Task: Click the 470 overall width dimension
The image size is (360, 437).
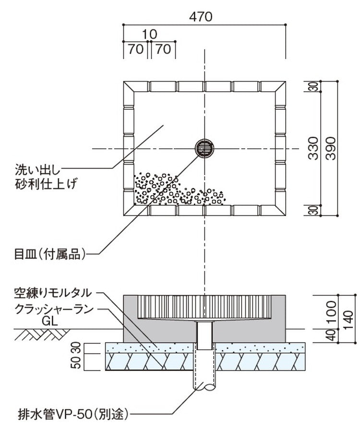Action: (x=201, y=16)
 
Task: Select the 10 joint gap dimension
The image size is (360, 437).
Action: (x=150, y=34)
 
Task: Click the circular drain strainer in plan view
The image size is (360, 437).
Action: (x=205, y=149)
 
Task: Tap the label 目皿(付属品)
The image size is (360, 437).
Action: (x=49, y=253)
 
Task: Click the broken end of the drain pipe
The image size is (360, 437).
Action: (x=205, y=386)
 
